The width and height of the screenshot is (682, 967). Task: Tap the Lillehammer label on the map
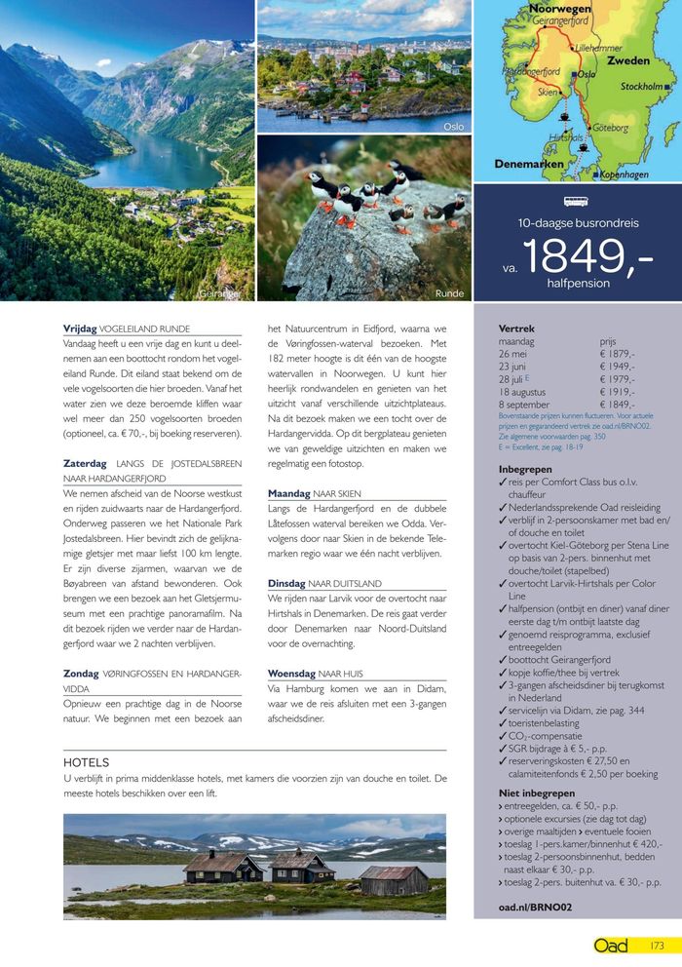click(x=598, y=47)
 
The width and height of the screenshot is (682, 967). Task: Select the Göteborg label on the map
click(x=610, y=128)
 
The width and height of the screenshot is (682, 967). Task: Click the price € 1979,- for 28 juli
click(x=618, y=379)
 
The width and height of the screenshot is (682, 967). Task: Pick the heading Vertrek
click(x=516, y=329)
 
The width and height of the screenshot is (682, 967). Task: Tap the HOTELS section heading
click(x=86, y=762)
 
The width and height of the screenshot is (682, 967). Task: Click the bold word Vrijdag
click(x=80, y=329)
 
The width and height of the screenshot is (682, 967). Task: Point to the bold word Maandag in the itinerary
click(x=289, y=493)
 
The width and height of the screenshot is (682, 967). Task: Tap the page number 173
click(x=657, y=945)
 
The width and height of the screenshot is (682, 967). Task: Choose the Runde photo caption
click(x=449, y=292)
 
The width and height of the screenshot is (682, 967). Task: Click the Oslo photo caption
click(x=453, y=127)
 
